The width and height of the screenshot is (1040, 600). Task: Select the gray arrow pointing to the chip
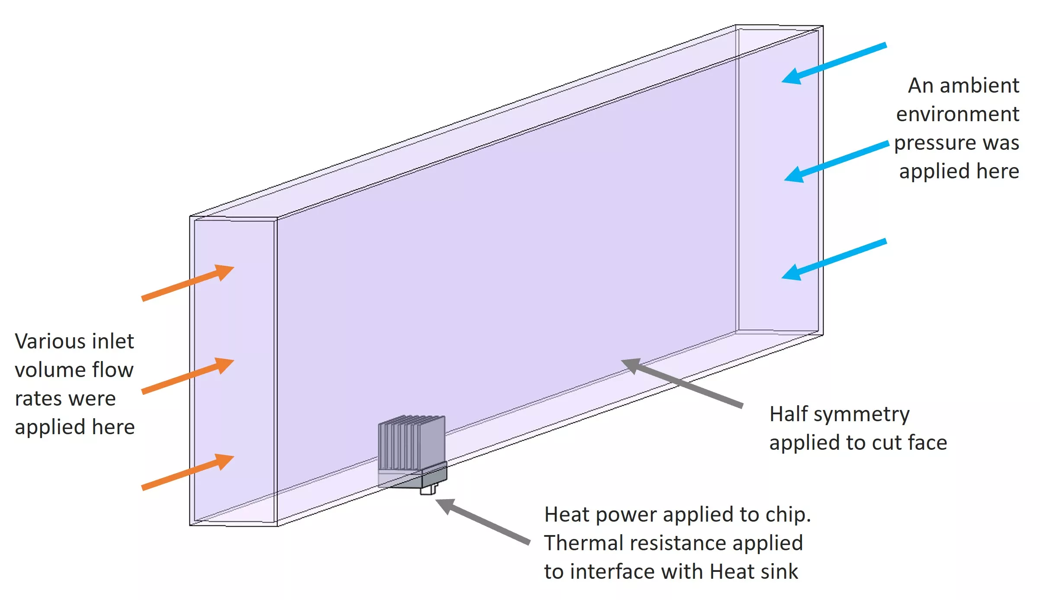(483, 521)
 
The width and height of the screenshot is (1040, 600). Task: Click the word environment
(957, 114)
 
